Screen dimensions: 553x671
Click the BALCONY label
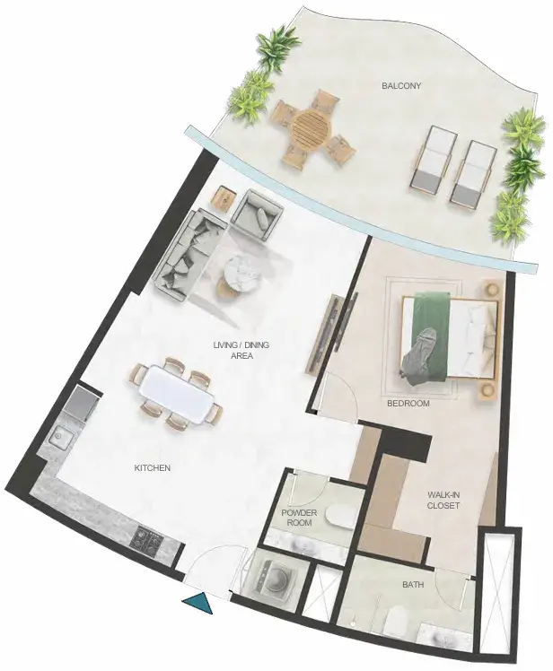point(401,86)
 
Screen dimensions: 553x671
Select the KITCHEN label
point(153,468)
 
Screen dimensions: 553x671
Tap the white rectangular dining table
point(177,394)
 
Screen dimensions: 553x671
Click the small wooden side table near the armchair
point(225,198)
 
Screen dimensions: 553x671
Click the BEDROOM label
point(408,403)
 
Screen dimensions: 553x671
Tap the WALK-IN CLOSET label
point(443,501)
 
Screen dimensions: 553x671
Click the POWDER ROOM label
point(299,518)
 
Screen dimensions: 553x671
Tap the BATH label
point(413,585)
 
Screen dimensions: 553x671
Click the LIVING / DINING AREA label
point(241,351)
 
